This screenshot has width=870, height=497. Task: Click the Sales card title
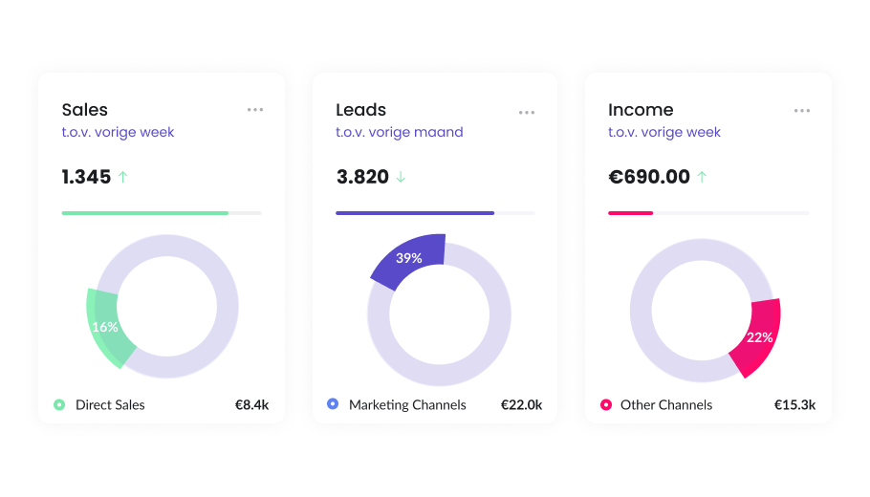pos(85,110)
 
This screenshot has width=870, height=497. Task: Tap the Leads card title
pos(360,110)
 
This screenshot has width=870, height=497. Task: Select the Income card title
pos(641,110)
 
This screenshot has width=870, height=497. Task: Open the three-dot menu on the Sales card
pos(254,110)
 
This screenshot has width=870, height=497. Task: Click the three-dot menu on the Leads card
pos(527,112)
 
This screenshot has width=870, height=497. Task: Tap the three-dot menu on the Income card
pos(801,111)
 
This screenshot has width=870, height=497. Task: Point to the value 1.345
pos(86,177)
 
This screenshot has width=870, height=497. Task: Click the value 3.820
pos(362,177)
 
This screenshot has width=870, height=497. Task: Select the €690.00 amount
pos(649,177)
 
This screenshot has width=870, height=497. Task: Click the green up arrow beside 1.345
pos(122,177)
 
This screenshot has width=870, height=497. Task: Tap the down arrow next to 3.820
pos(401,177)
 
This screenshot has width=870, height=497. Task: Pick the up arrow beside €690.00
pos(702,177)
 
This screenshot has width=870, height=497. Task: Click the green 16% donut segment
pos(105,327)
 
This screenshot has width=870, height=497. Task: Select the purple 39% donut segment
pos(409,259)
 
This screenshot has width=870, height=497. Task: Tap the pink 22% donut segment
pos(759,337)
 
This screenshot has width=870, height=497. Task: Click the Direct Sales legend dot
pos(59,405)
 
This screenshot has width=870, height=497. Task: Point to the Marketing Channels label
pos(407,405)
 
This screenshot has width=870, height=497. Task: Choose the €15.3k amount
pos(794,405)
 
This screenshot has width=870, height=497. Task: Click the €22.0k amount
pos(521,405)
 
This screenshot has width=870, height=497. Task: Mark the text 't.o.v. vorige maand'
pos(399,132)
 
